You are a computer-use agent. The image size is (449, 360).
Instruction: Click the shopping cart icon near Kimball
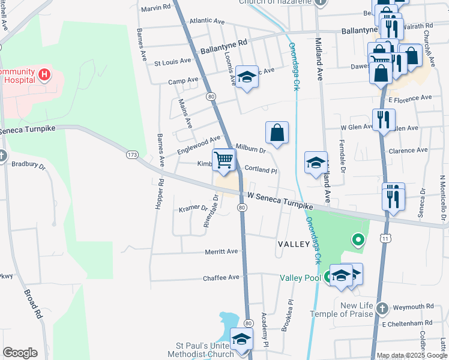tap(223, 160)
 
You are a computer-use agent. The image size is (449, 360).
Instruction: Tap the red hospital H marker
tap(44, 76)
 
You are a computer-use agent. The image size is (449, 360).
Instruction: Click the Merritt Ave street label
tap(221, 252)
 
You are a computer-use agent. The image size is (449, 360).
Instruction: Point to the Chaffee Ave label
tap(221, 277)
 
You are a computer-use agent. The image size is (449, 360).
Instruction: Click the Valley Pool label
tap(300, 277)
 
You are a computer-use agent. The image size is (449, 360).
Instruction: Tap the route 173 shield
tap(132, 155)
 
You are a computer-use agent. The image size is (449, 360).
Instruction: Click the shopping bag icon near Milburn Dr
tap(277, 133)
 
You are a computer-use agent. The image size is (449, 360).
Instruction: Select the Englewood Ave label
tap(199, 145)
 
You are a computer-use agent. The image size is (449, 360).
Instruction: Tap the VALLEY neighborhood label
tap(294, 244)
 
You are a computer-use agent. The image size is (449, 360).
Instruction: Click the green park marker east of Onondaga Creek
tap(358, 241)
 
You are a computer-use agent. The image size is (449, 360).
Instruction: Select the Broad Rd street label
tap(33, 304)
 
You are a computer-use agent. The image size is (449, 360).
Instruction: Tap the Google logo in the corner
tap(20, 353)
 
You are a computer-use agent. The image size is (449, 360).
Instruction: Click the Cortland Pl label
tap(259, 170)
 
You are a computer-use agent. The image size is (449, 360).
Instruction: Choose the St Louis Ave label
tap(172, 62)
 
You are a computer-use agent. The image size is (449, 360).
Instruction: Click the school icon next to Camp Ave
tap(246, 77)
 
